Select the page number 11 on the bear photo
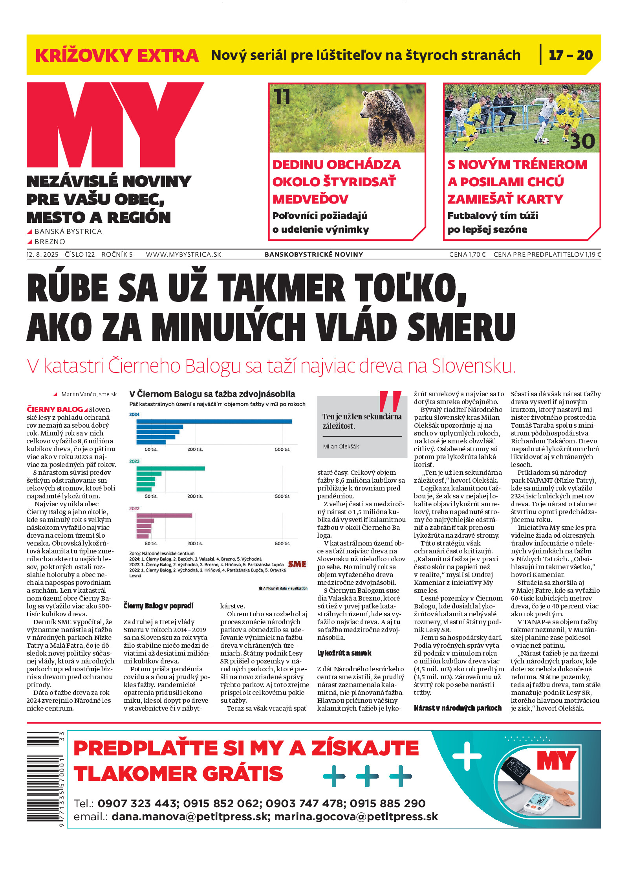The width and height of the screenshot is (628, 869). coord(282,97)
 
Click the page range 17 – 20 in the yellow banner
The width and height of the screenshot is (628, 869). coord(570,55)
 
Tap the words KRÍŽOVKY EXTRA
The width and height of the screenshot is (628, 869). coord(117,55)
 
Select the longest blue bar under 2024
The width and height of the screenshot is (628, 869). coord(214,422)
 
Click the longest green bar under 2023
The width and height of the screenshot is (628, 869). coord(170,468)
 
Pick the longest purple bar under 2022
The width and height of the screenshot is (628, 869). coord(164,515)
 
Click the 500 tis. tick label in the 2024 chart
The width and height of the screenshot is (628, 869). coord(282,449)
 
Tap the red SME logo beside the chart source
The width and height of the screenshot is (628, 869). coord(297,564)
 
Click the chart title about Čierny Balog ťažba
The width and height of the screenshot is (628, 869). coord(212,394)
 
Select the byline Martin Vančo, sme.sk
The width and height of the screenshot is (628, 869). coord(89,394)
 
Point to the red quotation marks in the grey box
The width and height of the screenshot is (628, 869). coord(390,401)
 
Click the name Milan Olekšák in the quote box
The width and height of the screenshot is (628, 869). coord(341,446)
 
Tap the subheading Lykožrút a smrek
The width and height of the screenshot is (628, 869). coord(344,653)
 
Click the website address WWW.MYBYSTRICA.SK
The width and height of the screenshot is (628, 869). coord(183,254)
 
